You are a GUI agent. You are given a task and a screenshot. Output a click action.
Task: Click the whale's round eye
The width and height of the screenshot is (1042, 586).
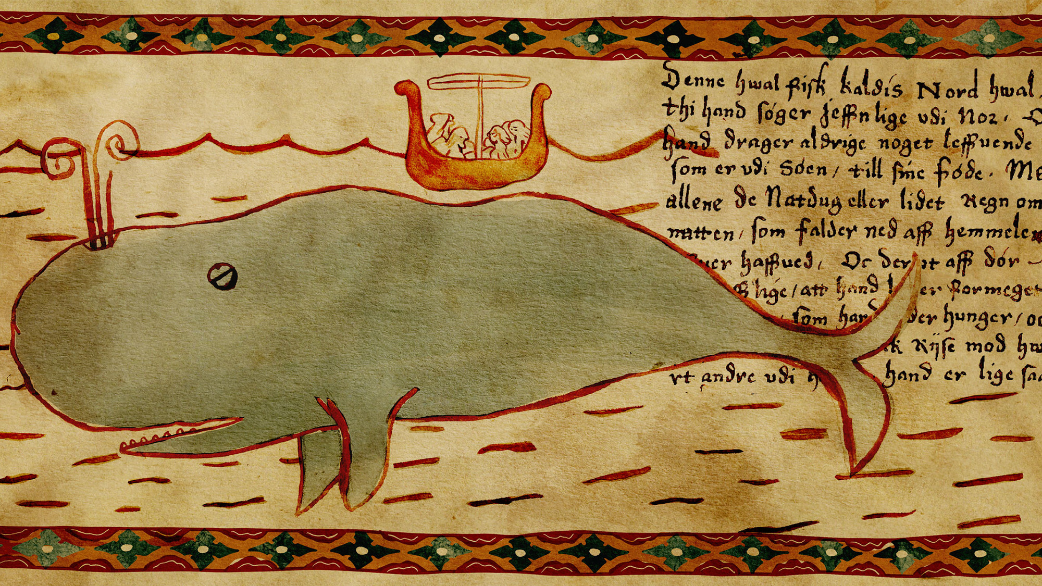222,277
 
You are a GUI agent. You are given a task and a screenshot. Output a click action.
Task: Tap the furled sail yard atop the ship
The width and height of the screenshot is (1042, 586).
478,82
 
